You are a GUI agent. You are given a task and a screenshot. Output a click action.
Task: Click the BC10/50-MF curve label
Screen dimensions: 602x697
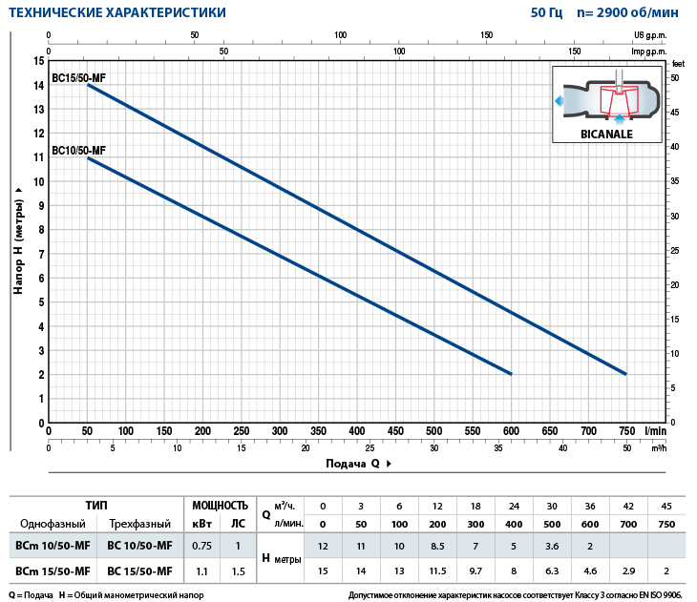pyautogui.click(x=78, y=150)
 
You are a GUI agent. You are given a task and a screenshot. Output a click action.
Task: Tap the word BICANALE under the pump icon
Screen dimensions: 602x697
pyautogui.click(x=607, y=134)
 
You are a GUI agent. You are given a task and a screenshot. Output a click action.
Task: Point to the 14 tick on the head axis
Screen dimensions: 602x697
pyautogui.click(x=38, y=85)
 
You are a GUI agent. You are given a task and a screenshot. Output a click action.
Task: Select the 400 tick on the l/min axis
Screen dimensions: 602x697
pyautogui.click(x=356, y=431)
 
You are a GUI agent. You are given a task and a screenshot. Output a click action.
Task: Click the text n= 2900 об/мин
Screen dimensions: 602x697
pyautogui.click(x=632, y=13)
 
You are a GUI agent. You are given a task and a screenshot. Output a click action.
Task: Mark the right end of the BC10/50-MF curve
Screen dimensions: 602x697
pyautogui.click(x=511, y=373)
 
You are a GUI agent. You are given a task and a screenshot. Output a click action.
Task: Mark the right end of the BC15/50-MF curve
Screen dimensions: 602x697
pyautogui.click(x=625, y=373)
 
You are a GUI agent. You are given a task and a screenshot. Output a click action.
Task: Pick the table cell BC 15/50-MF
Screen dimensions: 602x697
pyautogui.click(x=140, y=571)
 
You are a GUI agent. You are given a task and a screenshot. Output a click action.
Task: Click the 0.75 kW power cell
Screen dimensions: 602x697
pyautogui.click(x=201, y=546)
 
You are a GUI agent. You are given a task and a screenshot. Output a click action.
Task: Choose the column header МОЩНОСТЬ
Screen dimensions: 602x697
pyautogui.click(x=220, y=505)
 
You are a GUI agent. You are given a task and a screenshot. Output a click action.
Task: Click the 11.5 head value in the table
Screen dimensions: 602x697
pyautogui.click(x=437, y=571)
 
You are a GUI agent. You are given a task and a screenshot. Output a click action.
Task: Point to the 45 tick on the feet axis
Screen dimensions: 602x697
pyautogui.click(x=675, y=112)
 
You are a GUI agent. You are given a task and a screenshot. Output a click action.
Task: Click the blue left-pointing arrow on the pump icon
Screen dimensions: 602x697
pyautogui.click(x=560, y=99)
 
